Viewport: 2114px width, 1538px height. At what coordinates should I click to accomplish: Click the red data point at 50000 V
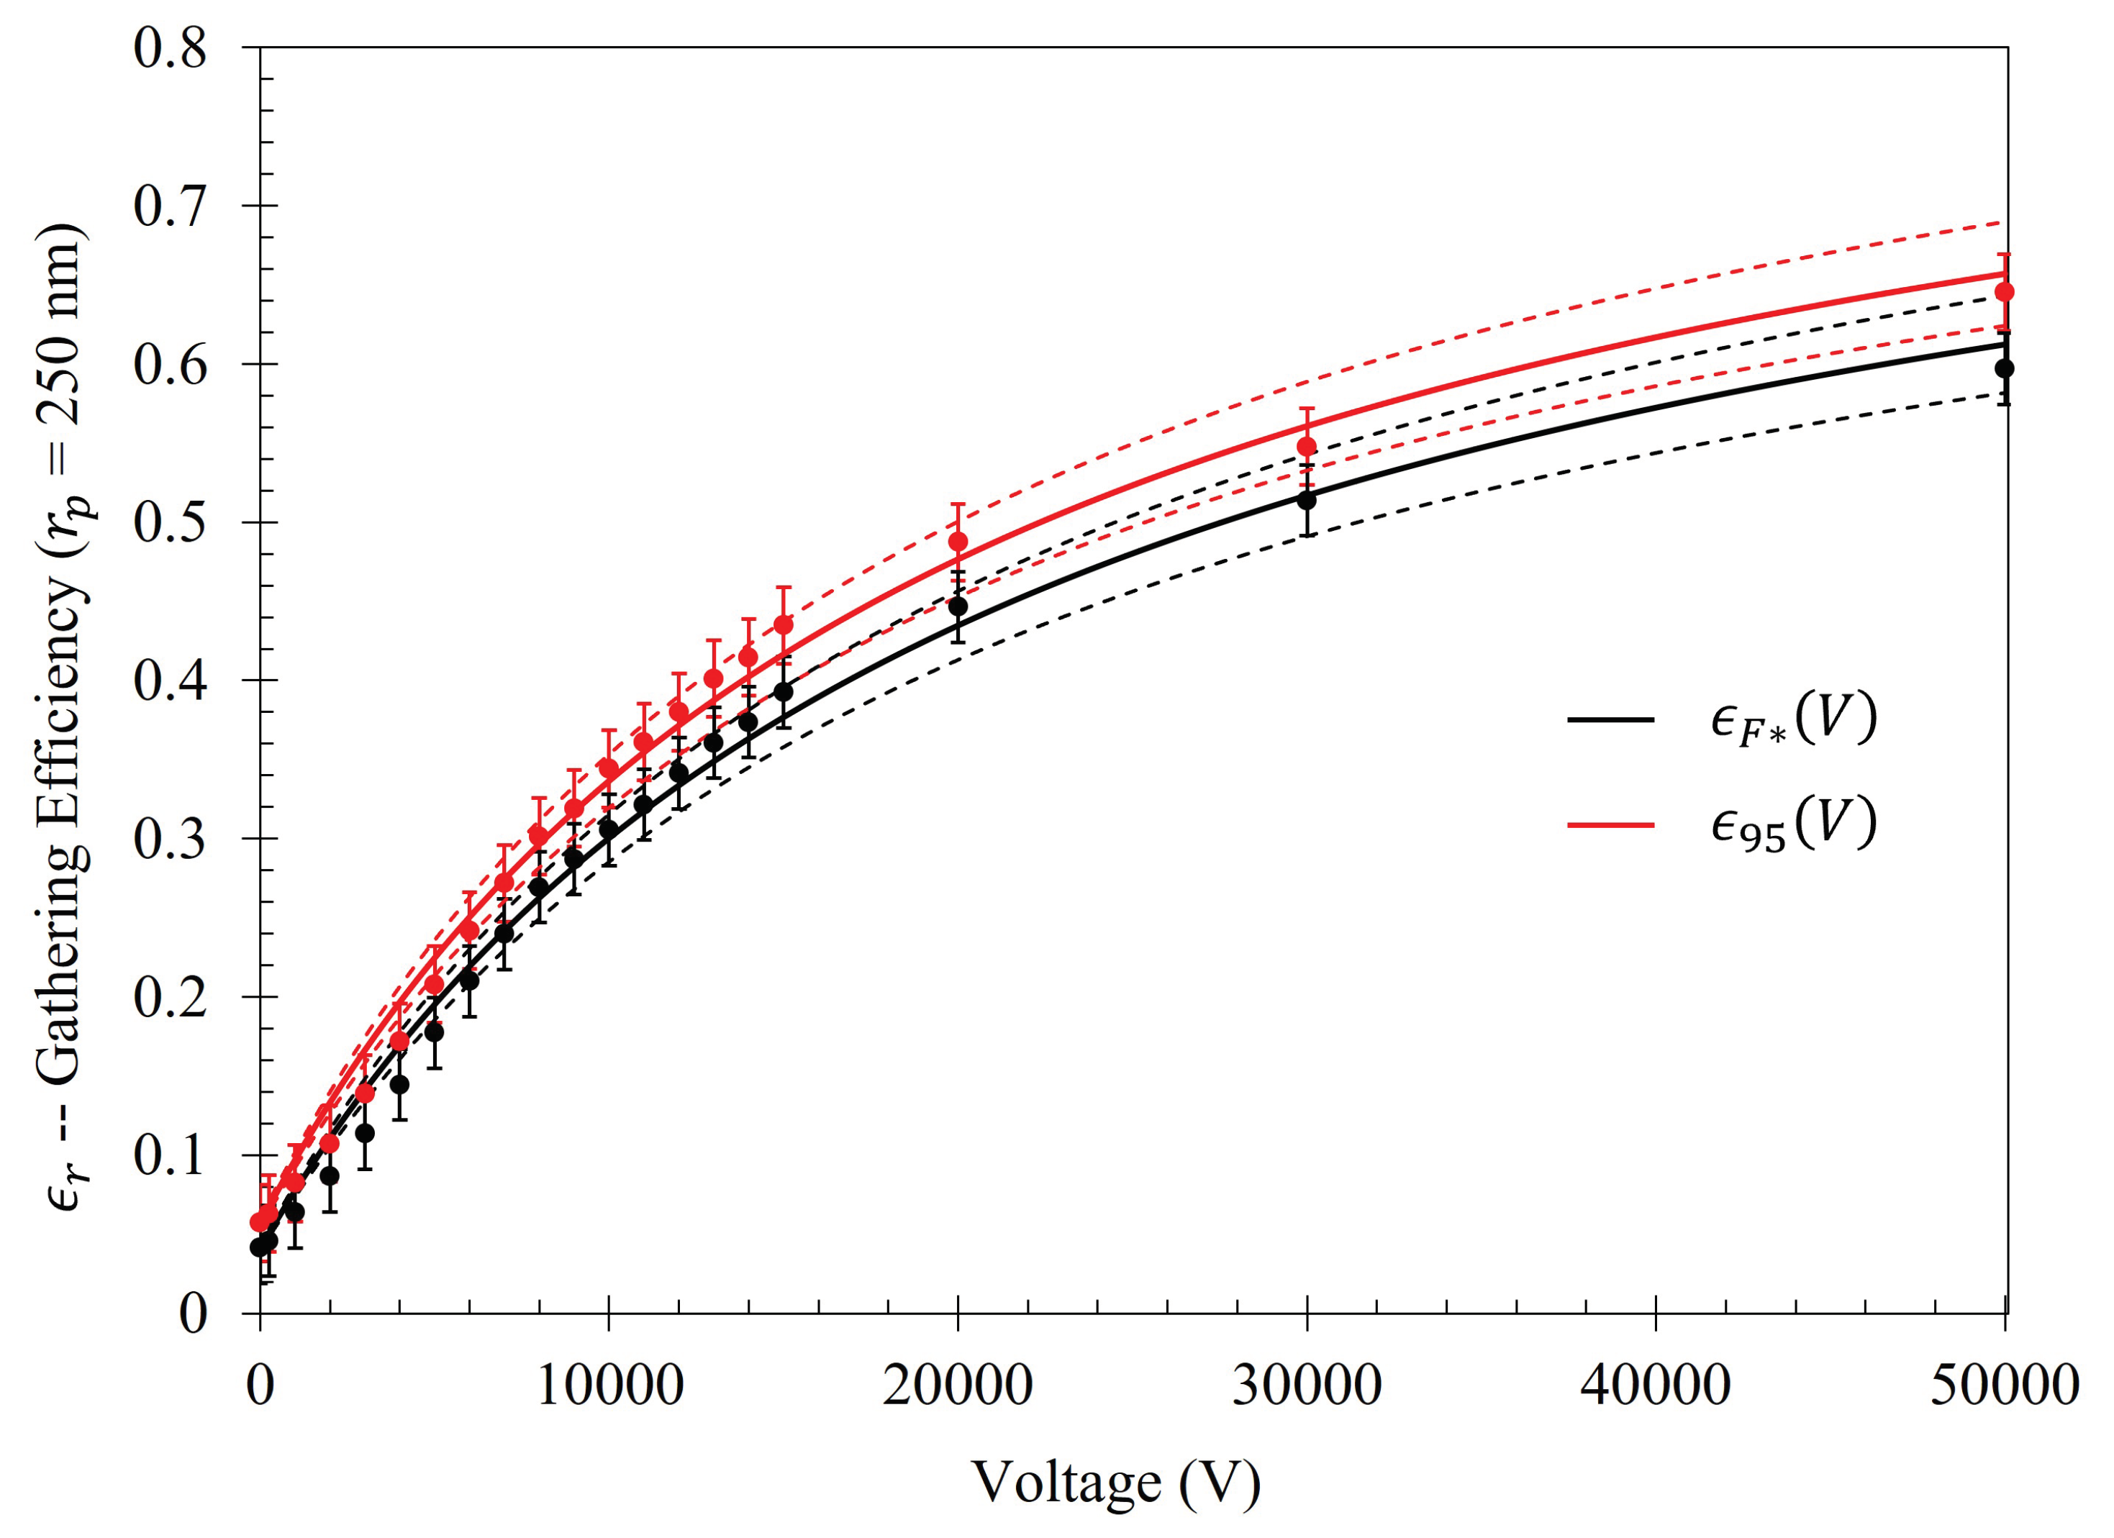tap(2005, 292)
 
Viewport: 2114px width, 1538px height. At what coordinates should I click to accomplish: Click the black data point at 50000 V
tap(2004, 368)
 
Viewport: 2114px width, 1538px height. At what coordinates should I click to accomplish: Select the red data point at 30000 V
tap(1307, 447)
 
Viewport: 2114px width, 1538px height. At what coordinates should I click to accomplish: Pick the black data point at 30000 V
tap(1307, 500)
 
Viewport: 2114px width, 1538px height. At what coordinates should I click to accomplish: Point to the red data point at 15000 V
tap(784, 624)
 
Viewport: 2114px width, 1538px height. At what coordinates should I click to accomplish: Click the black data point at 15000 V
tap(784, 691)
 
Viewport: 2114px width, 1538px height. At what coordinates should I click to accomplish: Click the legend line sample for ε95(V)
tap(1610, 824)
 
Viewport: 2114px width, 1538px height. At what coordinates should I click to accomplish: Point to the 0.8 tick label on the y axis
tap(170, 48)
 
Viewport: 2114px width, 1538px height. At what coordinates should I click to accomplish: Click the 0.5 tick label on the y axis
tap(170, 523)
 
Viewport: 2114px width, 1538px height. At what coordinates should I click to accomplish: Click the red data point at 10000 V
tap(609, 768)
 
